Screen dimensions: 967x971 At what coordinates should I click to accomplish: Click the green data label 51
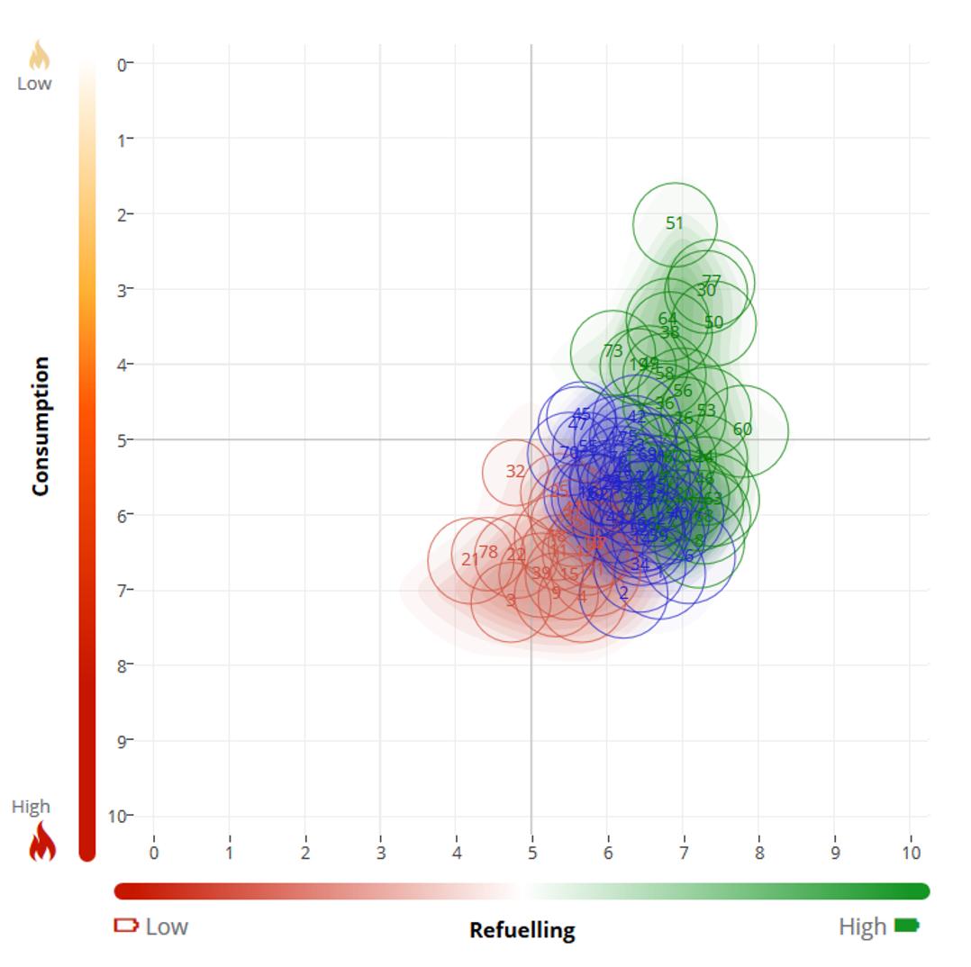pos(675,223)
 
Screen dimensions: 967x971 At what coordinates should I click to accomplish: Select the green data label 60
pos(742,429)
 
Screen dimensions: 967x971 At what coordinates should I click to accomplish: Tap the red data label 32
pos(515,471)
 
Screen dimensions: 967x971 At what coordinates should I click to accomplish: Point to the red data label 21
pos(470,559)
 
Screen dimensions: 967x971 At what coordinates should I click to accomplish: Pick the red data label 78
pos(488,552)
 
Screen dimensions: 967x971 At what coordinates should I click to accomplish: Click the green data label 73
pos(613,350)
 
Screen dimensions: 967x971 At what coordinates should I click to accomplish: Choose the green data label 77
pos(712,281)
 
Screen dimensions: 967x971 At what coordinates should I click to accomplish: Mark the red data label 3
pos(511,601)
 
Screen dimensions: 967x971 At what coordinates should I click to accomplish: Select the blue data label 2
pos(623,592)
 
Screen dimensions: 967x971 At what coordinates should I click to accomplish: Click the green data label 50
pos(714,322)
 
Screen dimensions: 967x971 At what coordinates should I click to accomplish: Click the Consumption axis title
pos(41,426)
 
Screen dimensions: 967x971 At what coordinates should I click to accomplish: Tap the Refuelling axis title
pos(522,930)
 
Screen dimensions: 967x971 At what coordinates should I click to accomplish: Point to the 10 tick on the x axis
pos(911,852)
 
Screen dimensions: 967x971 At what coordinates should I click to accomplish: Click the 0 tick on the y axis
pos(121,64)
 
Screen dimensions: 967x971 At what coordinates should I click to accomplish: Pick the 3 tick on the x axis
pos(381,852)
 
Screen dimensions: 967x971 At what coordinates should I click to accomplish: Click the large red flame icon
pos(42,844)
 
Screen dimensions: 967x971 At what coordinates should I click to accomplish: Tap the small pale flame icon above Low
pos(39,56)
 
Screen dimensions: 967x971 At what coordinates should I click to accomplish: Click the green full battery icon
pos(907,926)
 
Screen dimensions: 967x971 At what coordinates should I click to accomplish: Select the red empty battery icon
pos(126,926)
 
